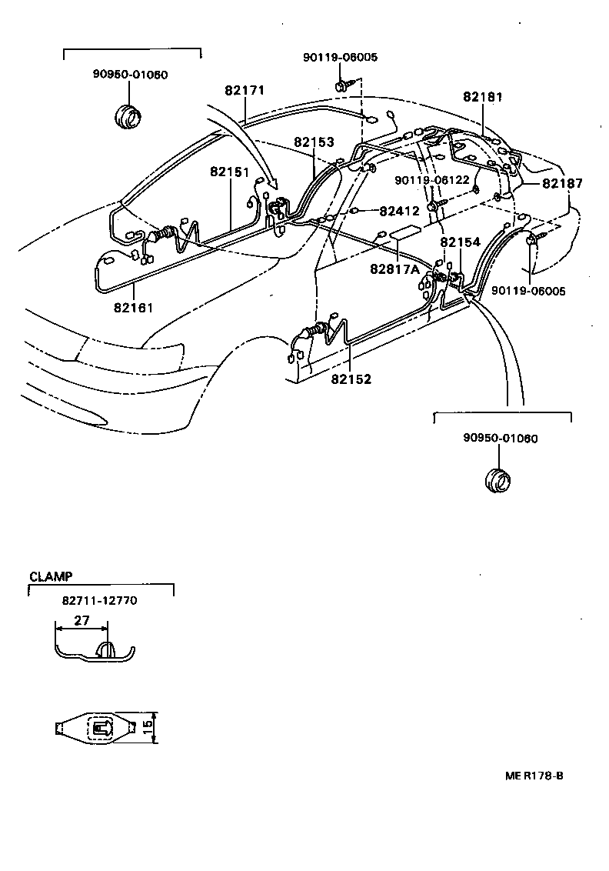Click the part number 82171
point(245,91)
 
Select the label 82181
point(483,98)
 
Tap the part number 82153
point(314,143)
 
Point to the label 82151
point(230,172)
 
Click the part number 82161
point(134,308)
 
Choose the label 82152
point(351,379)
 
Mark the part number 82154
point(460,242)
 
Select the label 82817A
point(394,269)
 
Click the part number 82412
point(399,210)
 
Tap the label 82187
point(562,184)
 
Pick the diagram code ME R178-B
point(534,776)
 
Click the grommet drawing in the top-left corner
point(128,114)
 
